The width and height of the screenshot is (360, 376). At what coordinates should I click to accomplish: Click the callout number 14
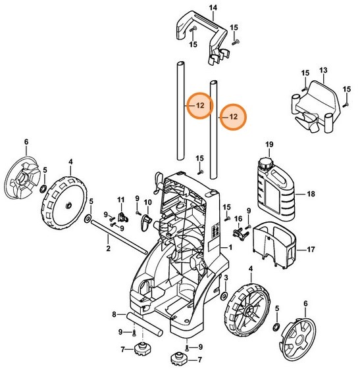coord(193,7)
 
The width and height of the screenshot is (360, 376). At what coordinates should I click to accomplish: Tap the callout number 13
coord(323,70)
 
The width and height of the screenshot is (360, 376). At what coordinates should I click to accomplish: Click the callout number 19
coord(268,144)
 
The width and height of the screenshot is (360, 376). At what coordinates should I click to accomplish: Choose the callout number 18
coord(312,195)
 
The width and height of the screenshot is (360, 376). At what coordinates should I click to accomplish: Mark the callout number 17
coord(312,250)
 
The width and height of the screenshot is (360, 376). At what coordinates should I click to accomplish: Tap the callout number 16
coord(239,218)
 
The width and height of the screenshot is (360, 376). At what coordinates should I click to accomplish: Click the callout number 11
coord(120,199)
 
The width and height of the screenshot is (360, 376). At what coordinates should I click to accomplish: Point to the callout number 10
coord(147,202)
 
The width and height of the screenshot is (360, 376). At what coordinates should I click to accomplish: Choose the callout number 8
coord(114,314)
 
